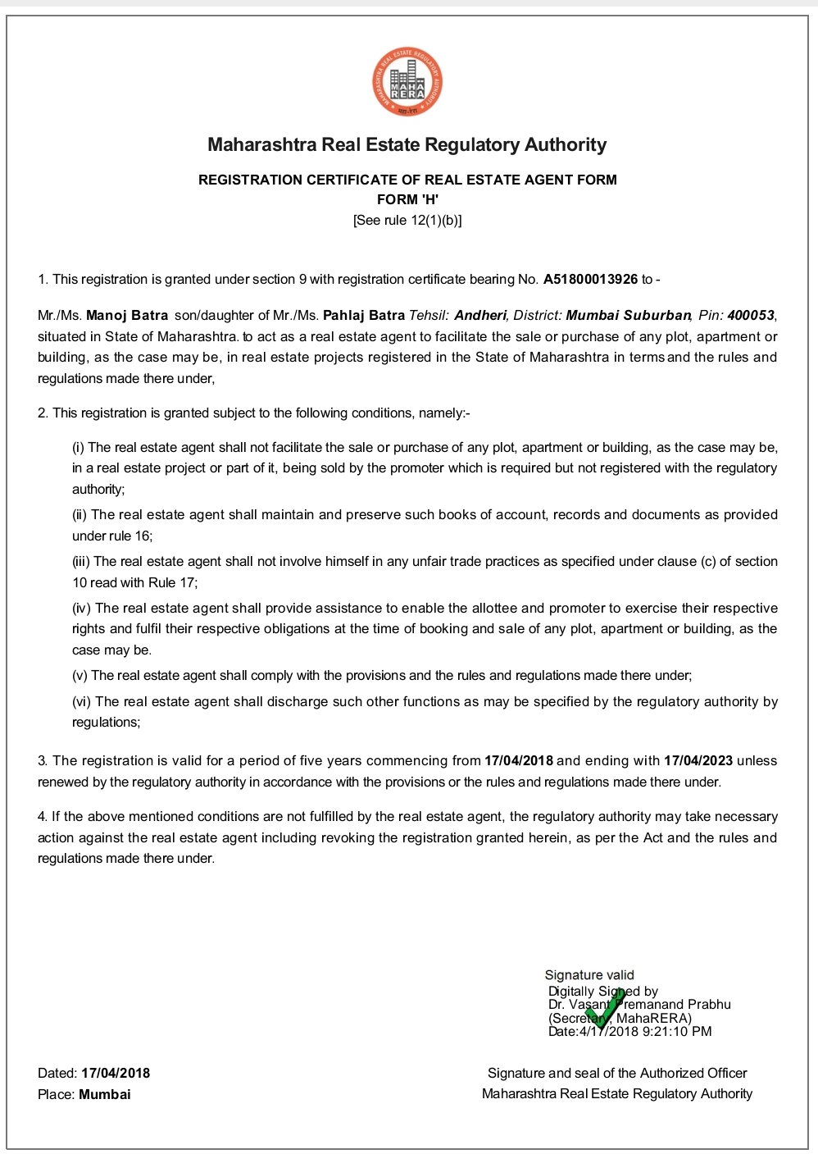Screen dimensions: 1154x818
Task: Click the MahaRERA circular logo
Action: (407, 82)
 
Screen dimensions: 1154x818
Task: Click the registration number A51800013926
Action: (590, 280)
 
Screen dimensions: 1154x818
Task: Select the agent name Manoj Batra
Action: (127, 316)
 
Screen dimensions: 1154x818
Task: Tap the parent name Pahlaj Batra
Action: (364, 316)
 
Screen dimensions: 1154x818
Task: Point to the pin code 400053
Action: (750, 316)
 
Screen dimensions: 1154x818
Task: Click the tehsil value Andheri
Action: (481, 316)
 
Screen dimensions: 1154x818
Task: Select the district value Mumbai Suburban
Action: (629, 316)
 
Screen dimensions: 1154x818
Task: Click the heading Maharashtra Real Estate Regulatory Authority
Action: (407, 145)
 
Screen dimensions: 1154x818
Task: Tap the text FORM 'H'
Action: (407, 200)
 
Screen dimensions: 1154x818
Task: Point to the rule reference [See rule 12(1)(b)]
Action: (407, 221)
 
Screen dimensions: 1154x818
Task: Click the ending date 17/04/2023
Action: (698, 761)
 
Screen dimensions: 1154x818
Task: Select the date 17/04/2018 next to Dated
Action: (116, 1074)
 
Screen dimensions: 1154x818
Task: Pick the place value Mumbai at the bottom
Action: (105, 1095)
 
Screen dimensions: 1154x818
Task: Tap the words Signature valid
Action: (589, 975)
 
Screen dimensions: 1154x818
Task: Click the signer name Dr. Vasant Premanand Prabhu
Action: (639, 1005)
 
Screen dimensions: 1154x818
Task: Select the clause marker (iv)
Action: (82, 609)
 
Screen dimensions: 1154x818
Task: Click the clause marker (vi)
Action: (82, 702)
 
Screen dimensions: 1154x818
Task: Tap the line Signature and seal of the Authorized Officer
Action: (617, 1074)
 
